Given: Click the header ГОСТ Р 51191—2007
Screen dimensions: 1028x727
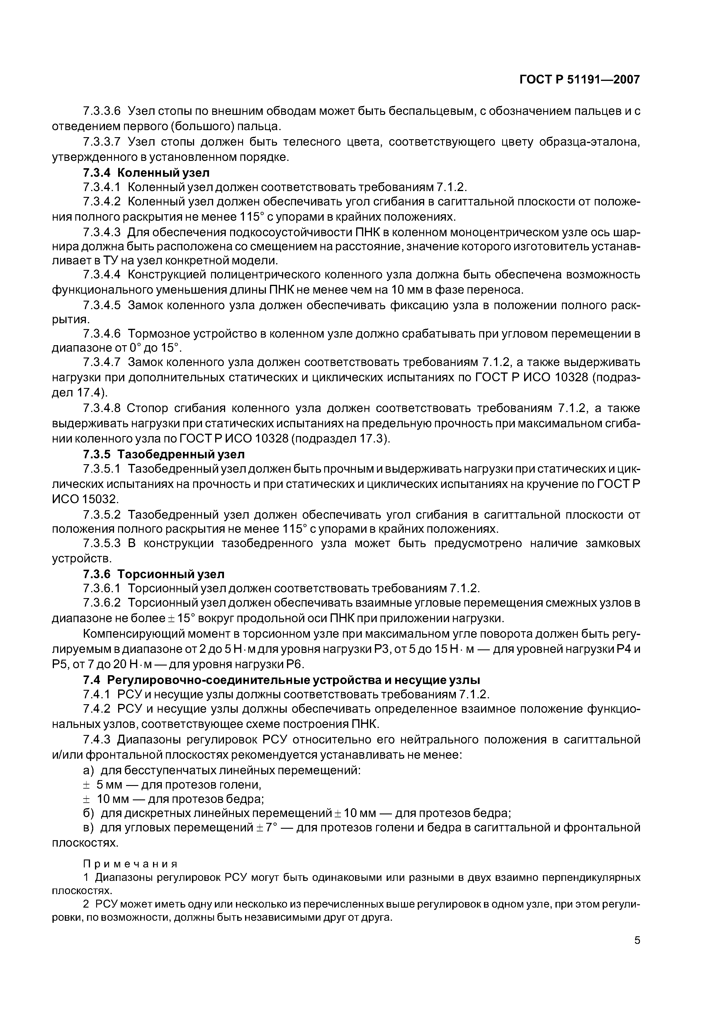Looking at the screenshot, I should pos(579,80).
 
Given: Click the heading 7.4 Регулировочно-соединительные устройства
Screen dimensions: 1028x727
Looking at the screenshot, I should pos(281,680).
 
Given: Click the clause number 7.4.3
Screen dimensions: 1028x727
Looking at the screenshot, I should pos(96,739).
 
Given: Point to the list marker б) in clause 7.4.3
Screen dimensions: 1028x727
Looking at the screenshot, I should pos(89,813).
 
